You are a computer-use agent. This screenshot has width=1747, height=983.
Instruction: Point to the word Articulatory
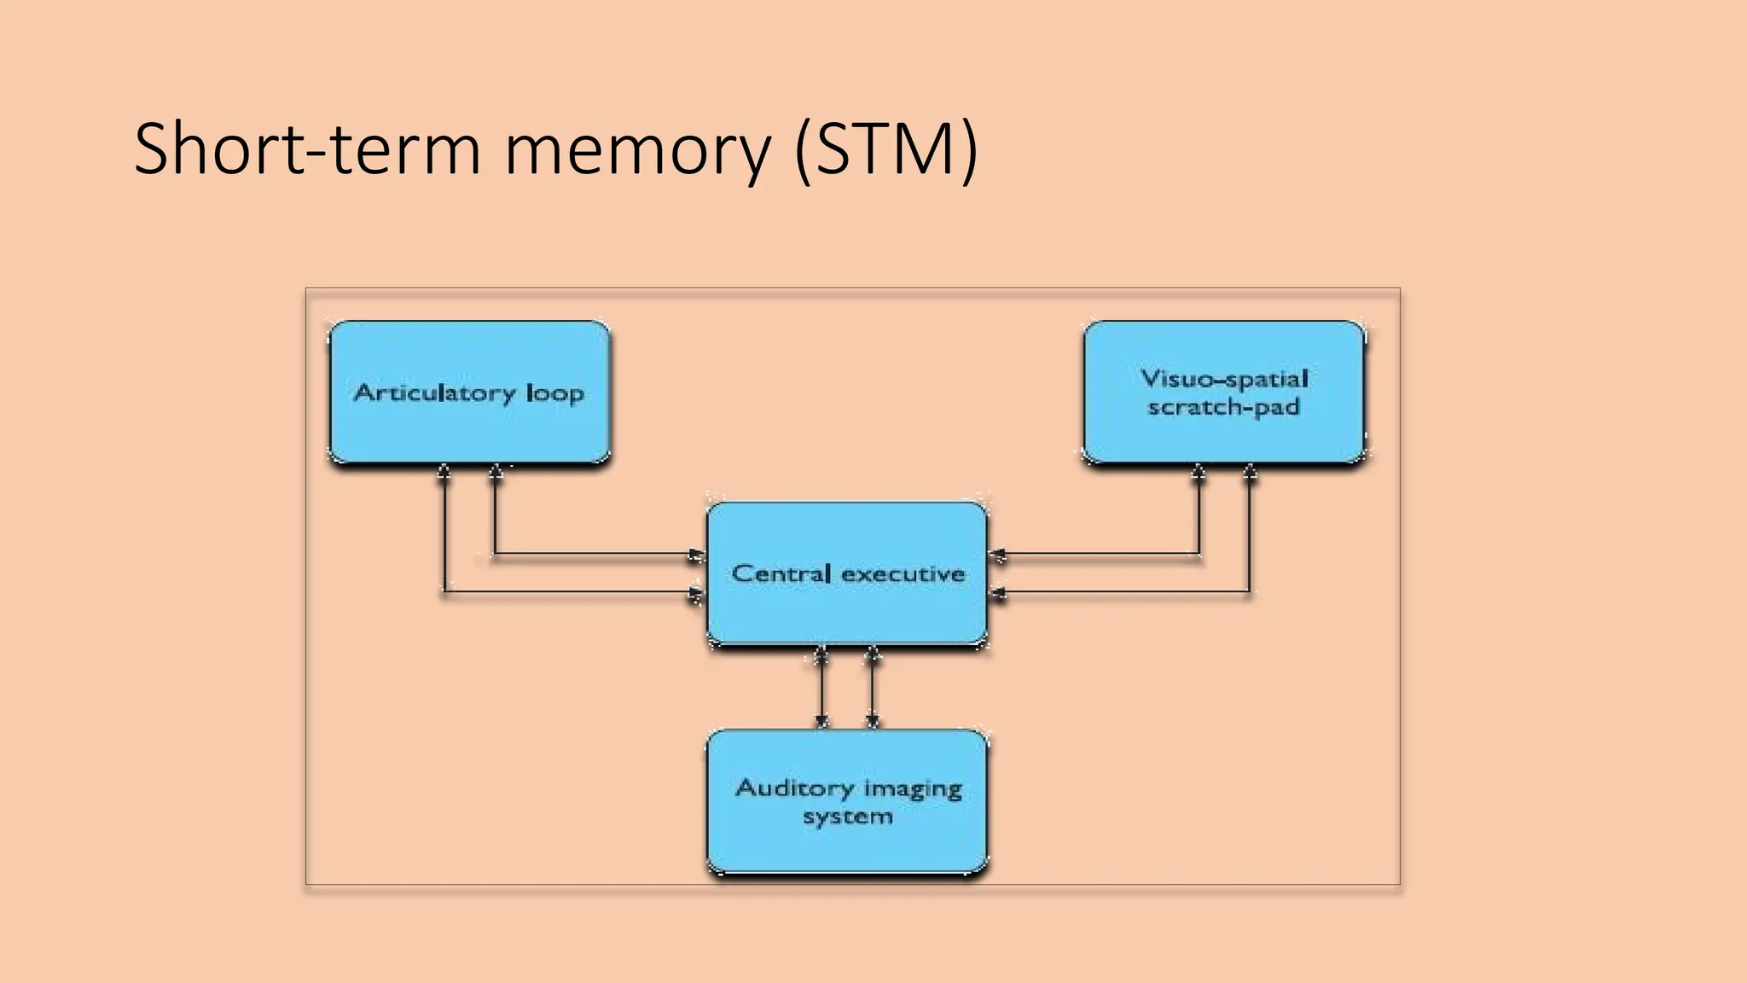435,393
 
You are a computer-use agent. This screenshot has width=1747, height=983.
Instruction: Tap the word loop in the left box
555,393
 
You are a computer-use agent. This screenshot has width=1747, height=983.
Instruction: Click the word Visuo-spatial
1224,378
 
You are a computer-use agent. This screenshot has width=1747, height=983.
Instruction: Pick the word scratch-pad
1223,407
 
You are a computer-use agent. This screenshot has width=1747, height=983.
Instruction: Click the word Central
781,573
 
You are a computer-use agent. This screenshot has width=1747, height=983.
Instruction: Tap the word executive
903,573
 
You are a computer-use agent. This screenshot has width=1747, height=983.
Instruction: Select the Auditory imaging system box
848,845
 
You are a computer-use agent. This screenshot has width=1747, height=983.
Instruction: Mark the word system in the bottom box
847,816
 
